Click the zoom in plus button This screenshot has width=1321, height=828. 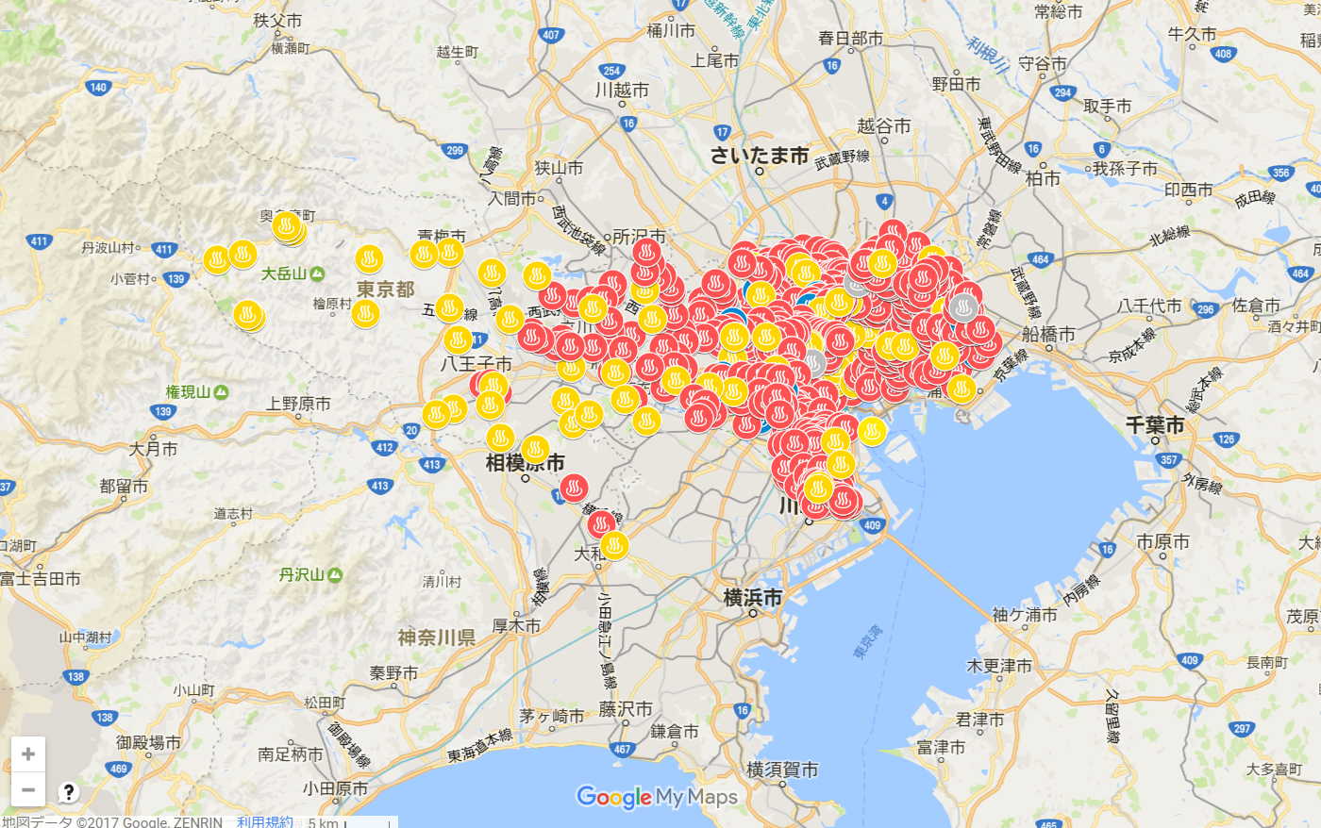coord(28,754)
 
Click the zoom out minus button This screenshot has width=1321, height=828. coord(28,789)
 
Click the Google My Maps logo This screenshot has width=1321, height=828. coord(657,798)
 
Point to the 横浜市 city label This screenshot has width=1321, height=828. coord(752,597)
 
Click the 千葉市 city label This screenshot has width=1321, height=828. coord(1155,425)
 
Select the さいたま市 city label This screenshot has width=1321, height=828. coord(759,156)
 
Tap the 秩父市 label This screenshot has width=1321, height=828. coord(277,21)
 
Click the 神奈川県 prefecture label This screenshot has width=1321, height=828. coord(436,638)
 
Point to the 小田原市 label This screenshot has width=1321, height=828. coord(335,788)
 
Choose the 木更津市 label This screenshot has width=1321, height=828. coord(999,666)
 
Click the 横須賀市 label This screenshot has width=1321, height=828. coord(782,770)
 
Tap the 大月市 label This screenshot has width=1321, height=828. coord(153,449)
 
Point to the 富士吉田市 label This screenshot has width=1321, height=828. coord(41,578)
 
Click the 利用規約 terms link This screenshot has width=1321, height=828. coord(264,821)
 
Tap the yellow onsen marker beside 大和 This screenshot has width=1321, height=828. coord(614,545)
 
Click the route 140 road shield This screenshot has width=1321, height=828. coord(98,88)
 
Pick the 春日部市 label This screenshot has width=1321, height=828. coord(850,39)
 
